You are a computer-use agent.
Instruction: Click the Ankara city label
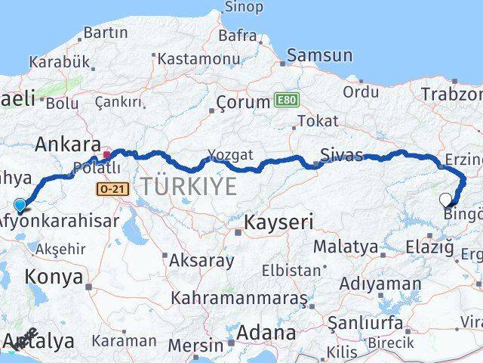coord(67,144)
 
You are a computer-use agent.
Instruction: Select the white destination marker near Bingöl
coord(446,200)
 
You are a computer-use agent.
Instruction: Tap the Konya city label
coord(54,277)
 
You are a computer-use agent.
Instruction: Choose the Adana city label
coord(266,332)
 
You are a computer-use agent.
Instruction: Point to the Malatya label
coord(346,247)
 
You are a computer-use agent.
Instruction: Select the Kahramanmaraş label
coord(239,298)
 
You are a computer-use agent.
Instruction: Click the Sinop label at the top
coord(244,8)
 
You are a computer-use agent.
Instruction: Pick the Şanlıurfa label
coord(365,322)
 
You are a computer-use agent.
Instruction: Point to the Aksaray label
coord(202,261)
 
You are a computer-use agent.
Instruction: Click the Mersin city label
coord(195,346)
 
